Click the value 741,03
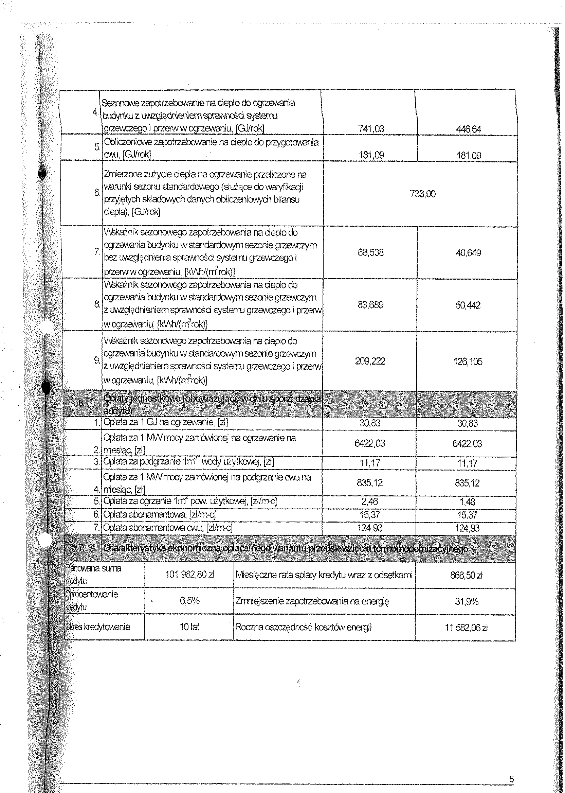coord(371,129)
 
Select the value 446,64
coord(468,129)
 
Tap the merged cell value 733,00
coord(422,194)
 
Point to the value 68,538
coord(370,252)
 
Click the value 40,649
coord(468,253)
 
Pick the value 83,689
coord(370,305)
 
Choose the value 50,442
coord(468,305)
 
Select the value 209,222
coord(370,362)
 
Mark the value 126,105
coord(468,362)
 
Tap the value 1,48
coord(467,502)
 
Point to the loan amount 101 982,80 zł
coord(189,575)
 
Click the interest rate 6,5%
coord(189,601)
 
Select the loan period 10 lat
coord(189,627)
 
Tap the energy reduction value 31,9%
coord(466,601)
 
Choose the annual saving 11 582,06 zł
coord(466,628)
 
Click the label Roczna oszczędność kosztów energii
coord(303,627)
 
